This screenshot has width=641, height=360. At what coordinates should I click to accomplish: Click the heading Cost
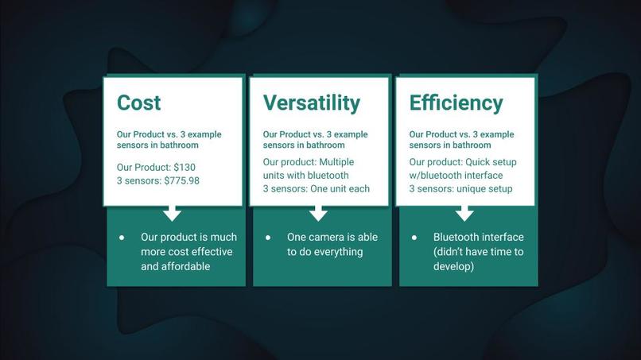[x=138, y=103]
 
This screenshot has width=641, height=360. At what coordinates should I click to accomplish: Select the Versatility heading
[x=312, y=103]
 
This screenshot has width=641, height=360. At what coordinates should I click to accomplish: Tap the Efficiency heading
[x=456, y=103]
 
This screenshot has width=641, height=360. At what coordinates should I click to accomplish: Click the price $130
[x=185, y=167]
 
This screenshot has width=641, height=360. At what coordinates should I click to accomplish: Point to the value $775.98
[x=181, y=180]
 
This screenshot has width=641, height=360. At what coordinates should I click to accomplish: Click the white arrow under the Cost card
[x=172, y=213]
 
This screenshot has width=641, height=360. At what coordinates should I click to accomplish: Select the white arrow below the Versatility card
[x=318, y=213]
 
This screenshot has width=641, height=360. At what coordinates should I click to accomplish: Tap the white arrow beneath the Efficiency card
[x=464, y=213]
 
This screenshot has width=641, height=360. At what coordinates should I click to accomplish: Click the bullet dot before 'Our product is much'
[x=122, y=238]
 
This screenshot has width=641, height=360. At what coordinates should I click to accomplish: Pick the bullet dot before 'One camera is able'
[x=268, y=238]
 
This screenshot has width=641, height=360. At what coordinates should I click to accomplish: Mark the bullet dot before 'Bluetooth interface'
[x=414, y=238]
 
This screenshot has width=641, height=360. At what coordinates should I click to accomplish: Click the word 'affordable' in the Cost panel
[x=185, y=266]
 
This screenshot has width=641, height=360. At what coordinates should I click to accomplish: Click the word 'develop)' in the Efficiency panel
[x=454, y=267]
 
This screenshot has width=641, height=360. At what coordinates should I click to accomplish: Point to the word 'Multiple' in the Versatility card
[x=336, y=162]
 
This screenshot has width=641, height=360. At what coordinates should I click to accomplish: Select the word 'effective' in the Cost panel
[x=212, y=252]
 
